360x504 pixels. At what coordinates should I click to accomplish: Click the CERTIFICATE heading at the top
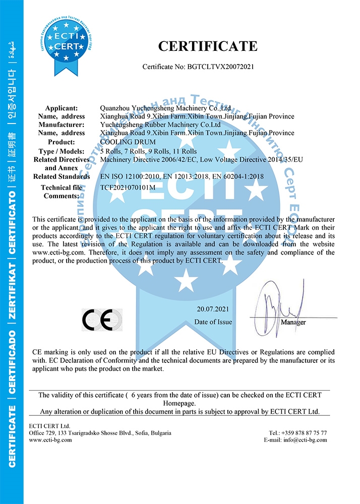coord(208,46)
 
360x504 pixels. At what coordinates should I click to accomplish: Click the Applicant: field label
coord(62,108)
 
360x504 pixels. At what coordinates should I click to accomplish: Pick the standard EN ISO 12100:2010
coord(130,176)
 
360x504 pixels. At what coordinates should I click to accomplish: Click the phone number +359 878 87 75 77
coord(305,433)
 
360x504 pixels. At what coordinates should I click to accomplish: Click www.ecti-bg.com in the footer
coord(50,440)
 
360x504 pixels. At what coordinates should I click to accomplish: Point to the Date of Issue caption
coord(213,322)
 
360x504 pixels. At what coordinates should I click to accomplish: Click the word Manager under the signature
coord(293,322)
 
